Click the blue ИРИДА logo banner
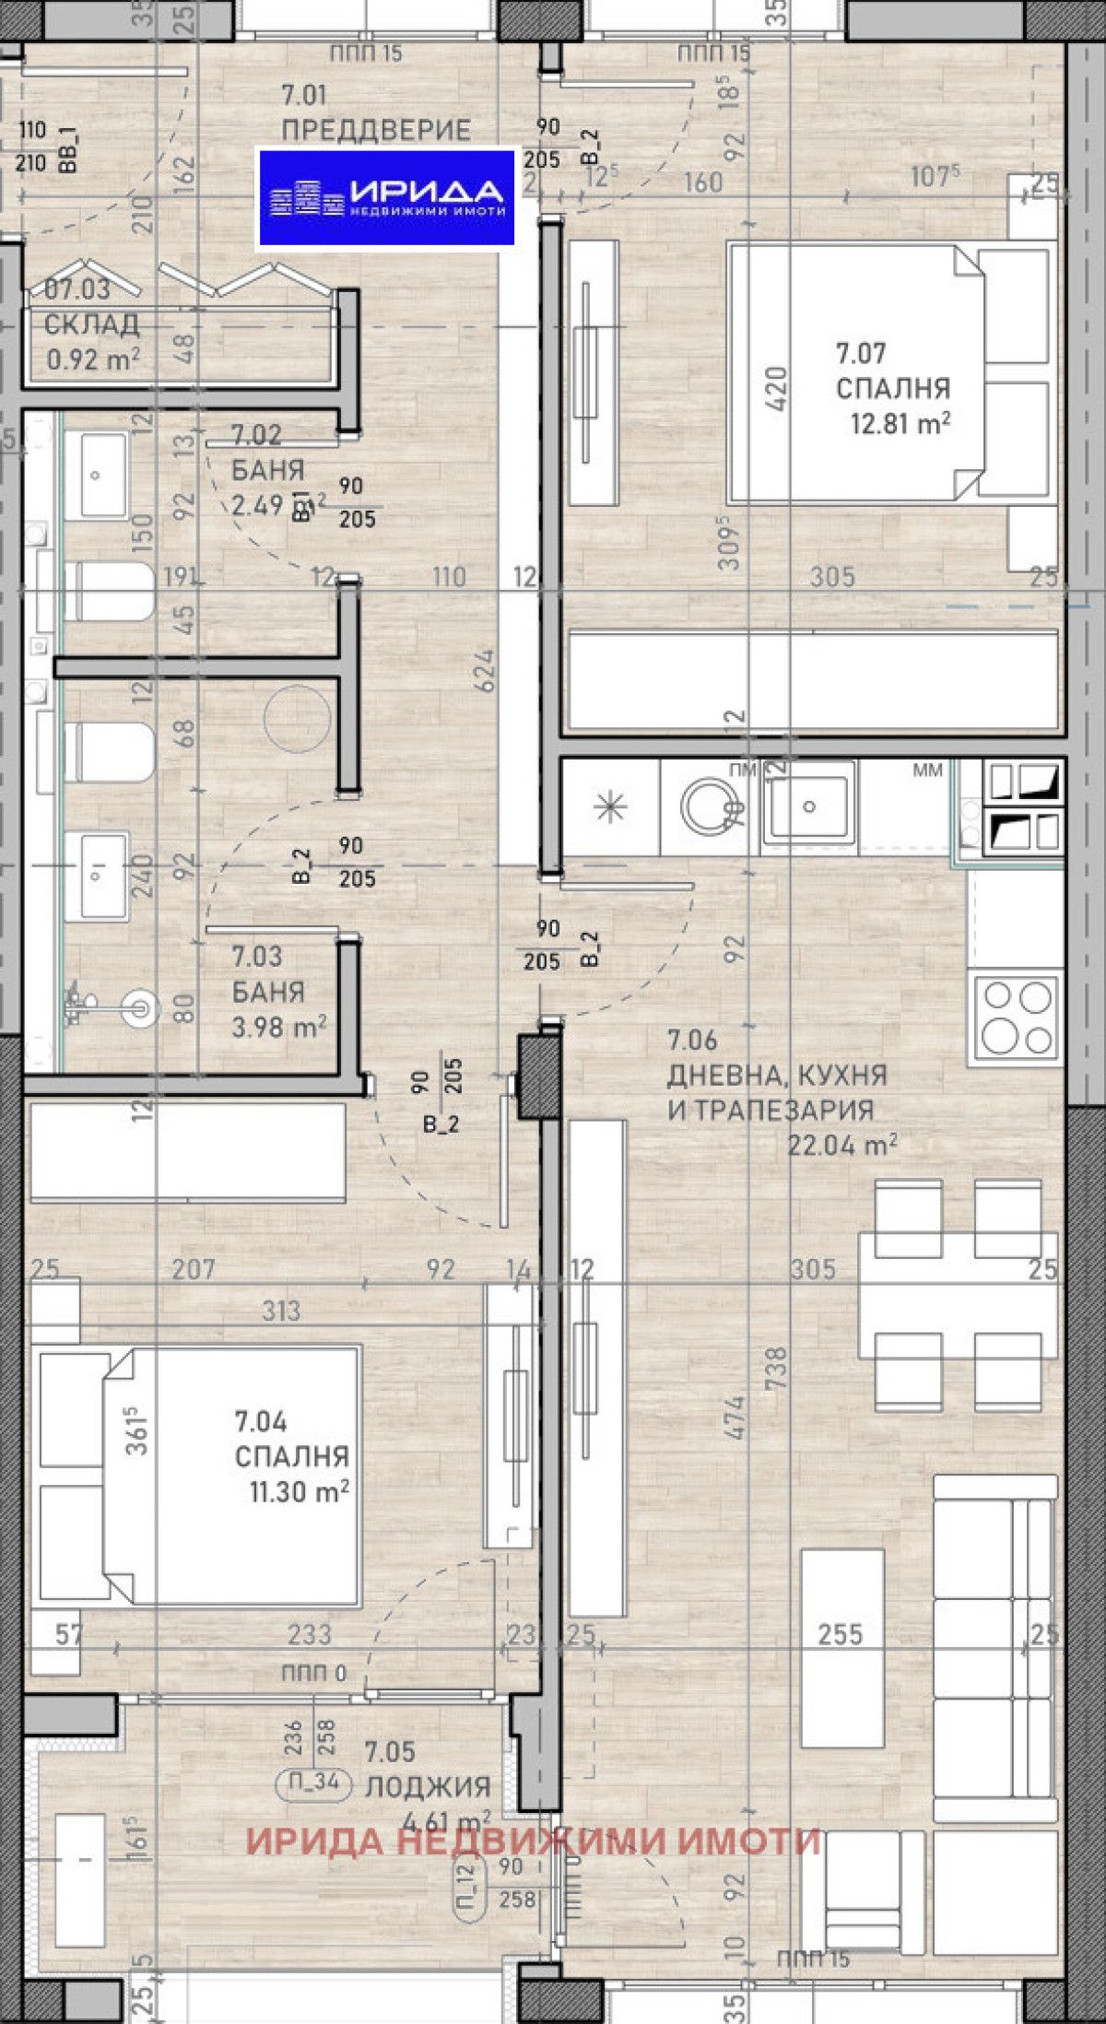pos(385,197)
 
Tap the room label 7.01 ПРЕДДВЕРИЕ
pos(375,112)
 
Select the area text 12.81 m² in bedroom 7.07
pos(900,423)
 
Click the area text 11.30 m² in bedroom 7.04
pos(299,1490)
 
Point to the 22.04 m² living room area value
pos(841,1145)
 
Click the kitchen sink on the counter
pos(808,806)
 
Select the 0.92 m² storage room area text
pos(93,359)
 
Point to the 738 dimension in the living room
pos(776,1369)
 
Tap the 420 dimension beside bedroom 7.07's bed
pos(776,388)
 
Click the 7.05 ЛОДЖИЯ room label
pos(427,1770)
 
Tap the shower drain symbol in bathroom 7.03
pos(140,1006)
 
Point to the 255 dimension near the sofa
pos(840,1634)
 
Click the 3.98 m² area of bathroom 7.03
pos(278,1026)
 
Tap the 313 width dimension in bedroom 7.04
pos(280,1311)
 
